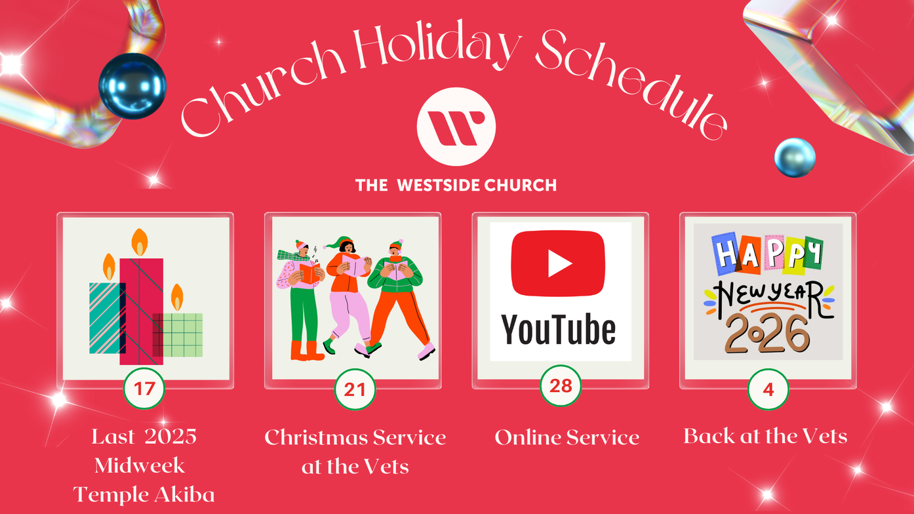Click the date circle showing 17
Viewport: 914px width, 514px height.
pyautogui.click(x=144, y=388)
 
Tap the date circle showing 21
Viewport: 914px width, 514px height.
pyautogui.click(x=355, y=389)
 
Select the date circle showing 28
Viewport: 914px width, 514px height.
pyautogui.click(x=561, y=385)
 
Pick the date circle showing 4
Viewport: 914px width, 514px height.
pyautogui.click(x=768, y=389)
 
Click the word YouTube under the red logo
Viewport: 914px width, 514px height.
pyautogui.click(x=558, y=330)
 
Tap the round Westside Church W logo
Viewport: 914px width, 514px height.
pyautogui.click(x=456, y=127)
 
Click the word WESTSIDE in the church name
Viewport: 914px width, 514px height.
pyautogui.click(x=433, y=185)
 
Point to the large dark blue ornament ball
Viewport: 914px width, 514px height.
pyautogui.click(x=132, y=86)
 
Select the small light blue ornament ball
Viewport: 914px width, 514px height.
pyautogui.click(x=795, y=157)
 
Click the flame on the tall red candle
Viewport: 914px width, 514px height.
pyautogui.click(x=140, y=242)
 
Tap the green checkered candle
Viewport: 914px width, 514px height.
pyautogui.click(x=178, y=335)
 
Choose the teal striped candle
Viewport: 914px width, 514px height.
pyautogui.click(x=105, y=318)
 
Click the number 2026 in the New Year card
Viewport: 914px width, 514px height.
pyautogui.click(x=767, y=334)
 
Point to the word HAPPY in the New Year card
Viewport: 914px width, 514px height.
pyautogui.click(x=767, y=254)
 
